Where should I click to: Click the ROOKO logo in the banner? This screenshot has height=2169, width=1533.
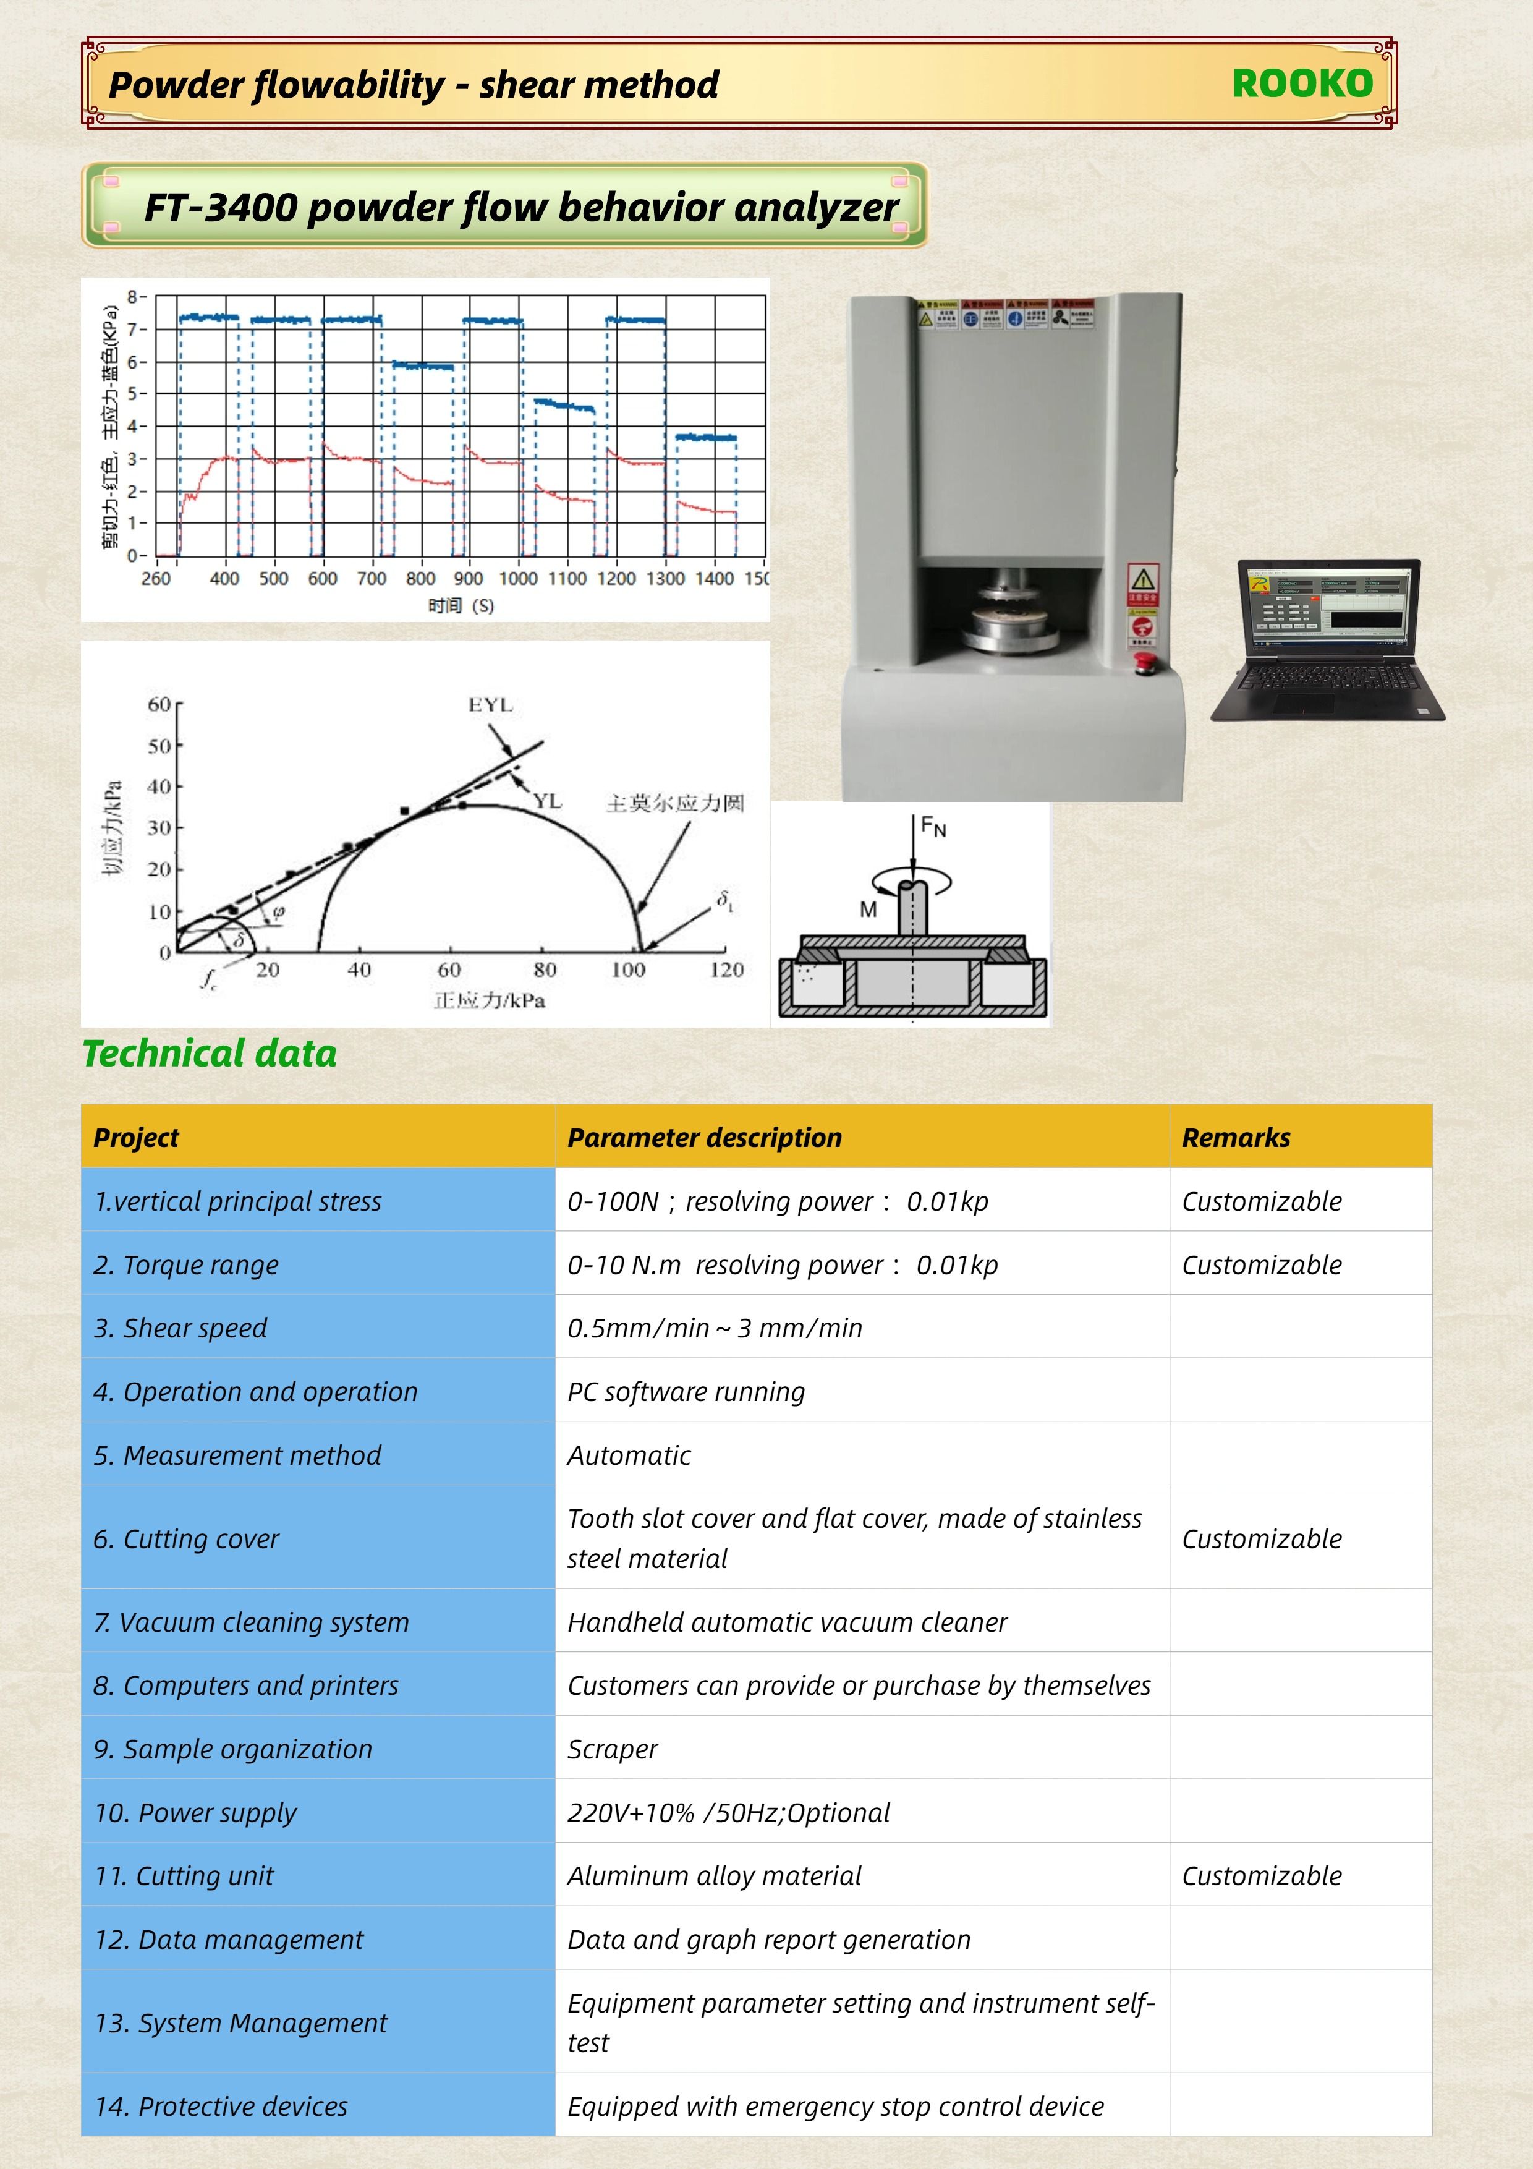tap(1302, 84)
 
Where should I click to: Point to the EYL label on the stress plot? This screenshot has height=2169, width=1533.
tap(490, 705)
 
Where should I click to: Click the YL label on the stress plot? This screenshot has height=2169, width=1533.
tap(547, 801)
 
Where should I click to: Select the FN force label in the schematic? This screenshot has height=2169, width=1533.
tap(933, 827)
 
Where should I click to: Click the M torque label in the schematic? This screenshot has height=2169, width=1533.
tap(868, 910)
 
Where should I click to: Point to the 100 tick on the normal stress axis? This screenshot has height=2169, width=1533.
tap(628, 970)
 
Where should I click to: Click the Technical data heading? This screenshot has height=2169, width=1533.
tap(210, 1054)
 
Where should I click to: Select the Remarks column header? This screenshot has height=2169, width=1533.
tap(1236, 1138)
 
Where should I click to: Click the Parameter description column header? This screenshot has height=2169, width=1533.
tap(703, 1138)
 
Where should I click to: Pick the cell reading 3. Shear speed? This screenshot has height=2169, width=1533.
tap(180, 1328)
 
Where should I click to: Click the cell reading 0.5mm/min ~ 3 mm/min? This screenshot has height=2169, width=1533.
tap(714, 1328)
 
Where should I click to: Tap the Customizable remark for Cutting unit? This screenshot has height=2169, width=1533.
tap(1261, 1876)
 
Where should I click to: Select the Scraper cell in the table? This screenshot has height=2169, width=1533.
tap(612, 1750)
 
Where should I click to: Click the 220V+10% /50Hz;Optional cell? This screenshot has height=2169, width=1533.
tap(728, 1813)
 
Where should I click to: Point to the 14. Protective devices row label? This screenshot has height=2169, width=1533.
tap(221, 2107)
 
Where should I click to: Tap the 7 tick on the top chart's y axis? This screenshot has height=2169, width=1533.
tap(133, 330)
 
